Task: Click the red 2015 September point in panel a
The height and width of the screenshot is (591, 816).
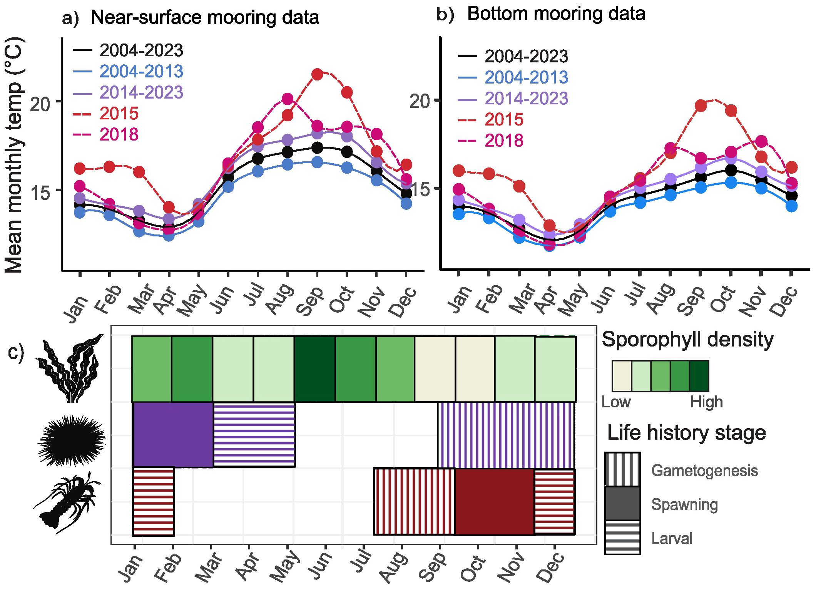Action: [317, 74]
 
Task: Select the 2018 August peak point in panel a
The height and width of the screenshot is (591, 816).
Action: [287, 99]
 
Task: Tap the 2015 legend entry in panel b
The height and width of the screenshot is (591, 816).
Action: [503, 120]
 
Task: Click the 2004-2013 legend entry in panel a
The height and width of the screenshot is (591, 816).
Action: [141, 72]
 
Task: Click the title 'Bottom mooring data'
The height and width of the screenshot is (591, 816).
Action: [556, 14]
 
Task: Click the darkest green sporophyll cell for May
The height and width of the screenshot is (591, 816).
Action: [314, 369]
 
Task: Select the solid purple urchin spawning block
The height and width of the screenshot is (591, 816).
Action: [173, 435]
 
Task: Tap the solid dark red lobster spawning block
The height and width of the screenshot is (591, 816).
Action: [494, 501]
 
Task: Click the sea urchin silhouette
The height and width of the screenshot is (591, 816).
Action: [71, 441]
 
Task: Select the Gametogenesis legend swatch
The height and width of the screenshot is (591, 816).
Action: [622, 469]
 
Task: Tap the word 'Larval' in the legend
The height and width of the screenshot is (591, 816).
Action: [672, 538]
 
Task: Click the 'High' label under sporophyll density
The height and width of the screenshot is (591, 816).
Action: [706, 402]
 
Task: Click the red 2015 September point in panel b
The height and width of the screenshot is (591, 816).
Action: [701, 105]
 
